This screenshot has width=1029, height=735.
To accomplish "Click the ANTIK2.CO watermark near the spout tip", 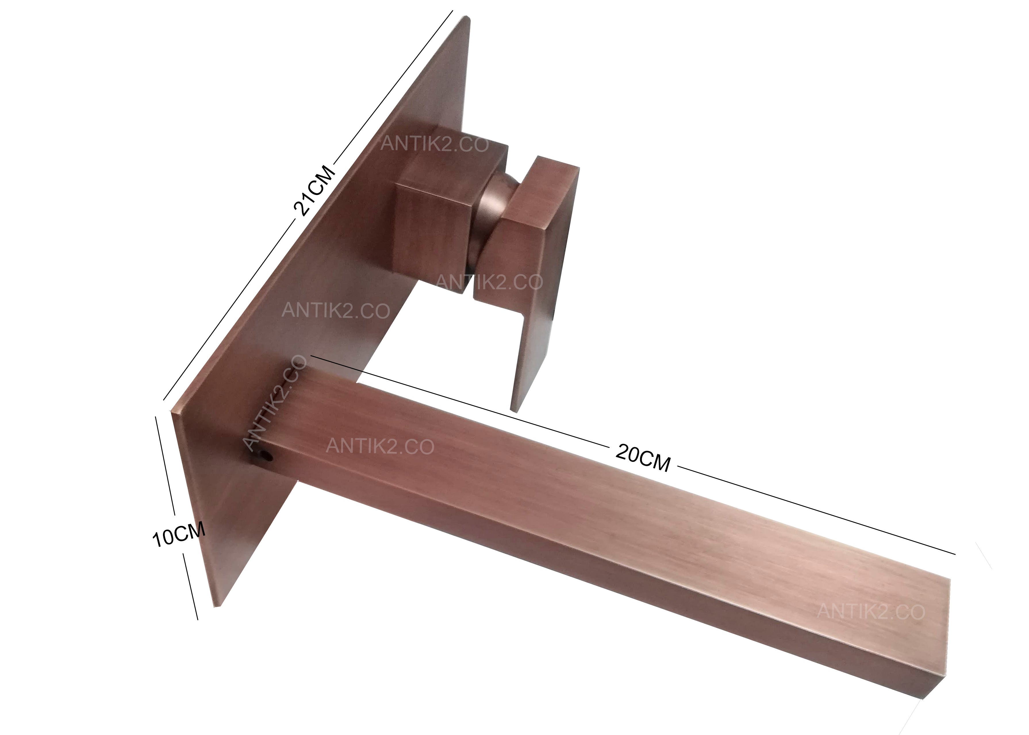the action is click(871, 611).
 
